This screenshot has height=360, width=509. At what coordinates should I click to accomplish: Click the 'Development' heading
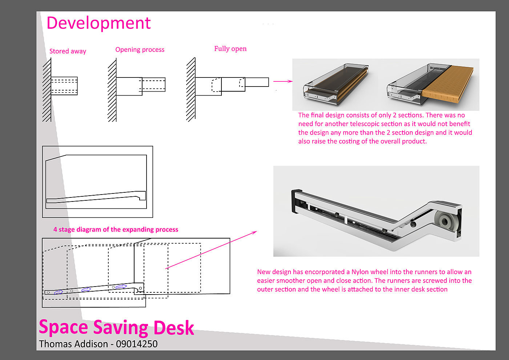99,23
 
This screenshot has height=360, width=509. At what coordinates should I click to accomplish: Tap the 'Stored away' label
68,51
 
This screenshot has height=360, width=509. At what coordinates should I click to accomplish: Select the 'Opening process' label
140,49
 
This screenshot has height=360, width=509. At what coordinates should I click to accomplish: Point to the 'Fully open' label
230,49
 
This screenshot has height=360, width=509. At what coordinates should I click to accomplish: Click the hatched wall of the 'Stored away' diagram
47,91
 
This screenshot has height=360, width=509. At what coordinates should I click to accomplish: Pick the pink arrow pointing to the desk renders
283,81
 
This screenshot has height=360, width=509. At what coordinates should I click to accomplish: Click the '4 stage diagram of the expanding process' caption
116,229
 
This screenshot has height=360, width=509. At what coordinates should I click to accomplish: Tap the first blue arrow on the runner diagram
58,292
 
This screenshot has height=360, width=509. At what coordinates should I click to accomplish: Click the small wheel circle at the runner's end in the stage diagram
140,289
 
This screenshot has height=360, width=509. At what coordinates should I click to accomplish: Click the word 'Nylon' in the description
360,272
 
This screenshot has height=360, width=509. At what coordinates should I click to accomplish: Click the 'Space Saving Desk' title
116,327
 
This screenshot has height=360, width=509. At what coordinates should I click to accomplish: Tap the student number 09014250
137,344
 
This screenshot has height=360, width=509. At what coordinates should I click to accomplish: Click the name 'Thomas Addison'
73,344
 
